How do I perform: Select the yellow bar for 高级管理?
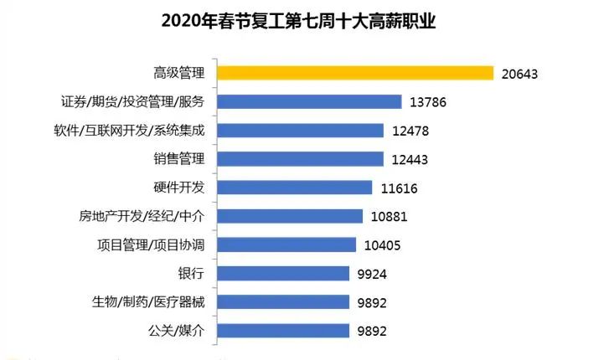tap(355, 73)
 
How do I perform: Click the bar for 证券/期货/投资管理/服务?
tap(310, 102)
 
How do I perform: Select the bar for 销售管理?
tap(301, 159)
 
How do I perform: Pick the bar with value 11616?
tap(295, 188)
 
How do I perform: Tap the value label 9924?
tap(370, 274)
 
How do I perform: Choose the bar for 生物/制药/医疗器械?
tap(283, 302)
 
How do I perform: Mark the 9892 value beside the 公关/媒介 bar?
tap(370, 331)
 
